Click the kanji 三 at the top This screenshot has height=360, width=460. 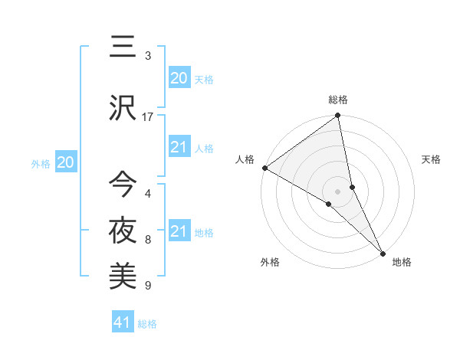pyautogui.click(x=123, y=47)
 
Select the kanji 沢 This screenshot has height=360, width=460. pyautogui.click(x=123, y=109)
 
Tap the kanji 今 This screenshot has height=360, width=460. pyautogui.click(x=123, y=184)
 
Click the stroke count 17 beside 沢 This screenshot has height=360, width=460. pyautogui.click(x=148, y=116)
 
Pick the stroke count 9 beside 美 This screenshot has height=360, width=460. pyautogui.click(x=148, y=286)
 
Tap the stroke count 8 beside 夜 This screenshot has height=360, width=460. pyautogui.click(x=148, y=240)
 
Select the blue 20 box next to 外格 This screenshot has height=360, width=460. pyautogui.click(x=66, y=162)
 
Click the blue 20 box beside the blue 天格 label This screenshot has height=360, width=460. pyautogui.click(x=179, y=77)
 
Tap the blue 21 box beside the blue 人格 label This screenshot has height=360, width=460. pyautogui.click(x=179, y=147)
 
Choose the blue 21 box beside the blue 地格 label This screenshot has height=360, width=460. pyautogui.click(x=179, y=231)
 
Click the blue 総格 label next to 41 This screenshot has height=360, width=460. pyautogui.click(x=147, y=324)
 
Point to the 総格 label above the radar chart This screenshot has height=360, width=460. pyautogui.click(x=338, y=100)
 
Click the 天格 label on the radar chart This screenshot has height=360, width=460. pyautogui.click(x=431, y=159)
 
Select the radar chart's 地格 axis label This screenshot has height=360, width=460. pyautogui.click(x=402, y=262)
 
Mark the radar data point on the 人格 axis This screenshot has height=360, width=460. pyautogui.click(x=264, y=168)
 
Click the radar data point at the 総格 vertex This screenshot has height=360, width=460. pyautogui.click(x=338, y=116)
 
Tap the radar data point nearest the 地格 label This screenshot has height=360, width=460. pyautogui.click(x=383, y=251)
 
